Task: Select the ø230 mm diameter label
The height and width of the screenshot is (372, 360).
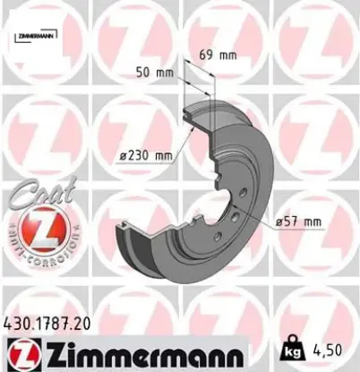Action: click(145, 156)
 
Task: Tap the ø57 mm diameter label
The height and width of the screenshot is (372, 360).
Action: click(298, 221)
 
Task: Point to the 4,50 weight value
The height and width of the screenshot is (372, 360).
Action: click(333, 343)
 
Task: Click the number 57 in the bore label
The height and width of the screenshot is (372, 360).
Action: click(294, 221)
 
